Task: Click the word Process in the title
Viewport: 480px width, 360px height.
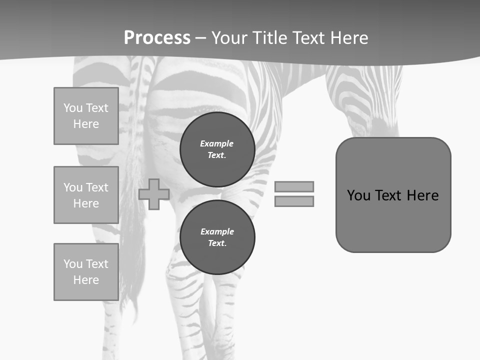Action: [x=157, y=38]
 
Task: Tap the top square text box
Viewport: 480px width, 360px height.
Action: [x=86, y=116]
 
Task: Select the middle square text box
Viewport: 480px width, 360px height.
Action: [x=86, y=195]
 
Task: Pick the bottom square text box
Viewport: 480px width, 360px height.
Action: [x=86, y=272]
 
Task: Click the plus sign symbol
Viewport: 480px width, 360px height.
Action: [x=154, y=194]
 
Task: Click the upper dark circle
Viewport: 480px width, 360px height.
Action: [x=217, y=149]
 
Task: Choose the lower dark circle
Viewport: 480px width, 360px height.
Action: [x=217, y=237]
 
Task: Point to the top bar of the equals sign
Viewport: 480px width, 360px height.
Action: [x=294, y=186]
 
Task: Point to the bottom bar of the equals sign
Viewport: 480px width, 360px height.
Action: [x=294, y=201]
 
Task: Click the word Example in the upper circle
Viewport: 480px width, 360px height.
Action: [x=216, y=143]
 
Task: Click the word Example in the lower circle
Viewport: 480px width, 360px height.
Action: [x=217, y=231]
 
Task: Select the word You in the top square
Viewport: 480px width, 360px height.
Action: [x=72, y=108]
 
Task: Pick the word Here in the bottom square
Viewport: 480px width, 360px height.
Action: [x=86, y=280]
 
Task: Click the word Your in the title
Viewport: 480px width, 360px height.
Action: [x=230, y=38]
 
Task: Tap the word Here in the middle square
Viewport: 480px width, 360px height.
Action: [x=86, y=203]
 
